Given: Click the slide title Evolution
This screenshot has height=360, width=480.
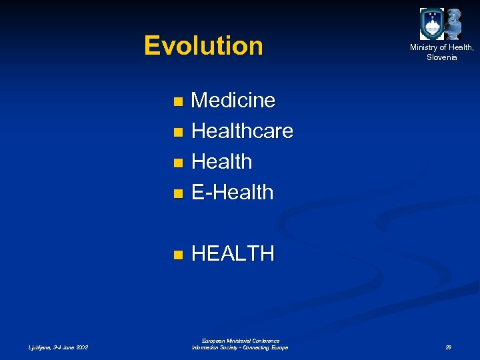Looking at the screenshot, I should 203,46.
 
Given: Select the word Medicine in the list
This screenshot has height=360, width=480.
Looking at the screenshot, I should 233,101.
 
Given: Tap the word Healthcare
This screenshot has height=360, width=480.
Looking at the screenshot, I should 242,131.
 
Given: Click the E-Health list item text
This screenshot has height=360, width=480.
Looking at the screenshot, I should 232,193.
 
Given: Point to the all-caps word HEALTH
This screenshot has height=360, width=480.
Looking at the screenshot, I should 232,254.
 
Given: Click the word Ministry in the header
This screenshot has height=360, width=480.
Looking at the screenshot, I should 425,47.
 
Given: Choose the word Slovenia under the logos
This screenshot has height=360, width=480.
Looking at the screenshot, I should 442,57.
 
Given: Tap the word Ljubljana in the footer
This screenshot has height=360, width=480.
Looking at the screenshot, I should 39,347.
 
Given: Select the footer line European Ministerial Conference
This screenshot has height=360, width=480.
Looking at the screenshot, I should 239,341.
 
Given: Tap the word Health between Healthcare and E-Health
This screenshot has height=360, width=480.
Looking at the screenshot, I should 221,162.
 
